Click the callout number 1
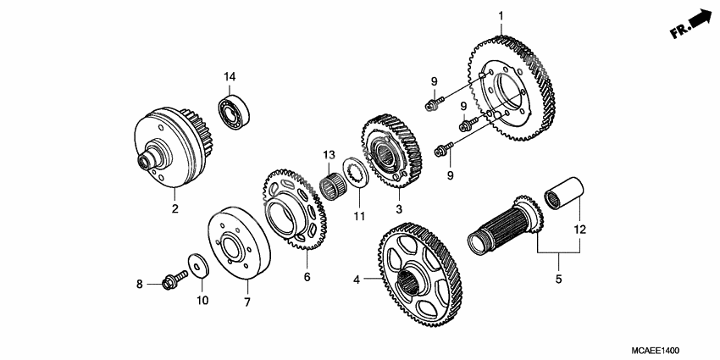pos(501,15)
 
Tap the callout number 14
pos(229,78)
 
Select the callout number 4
pos(357,280)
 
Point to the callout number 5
pos(558,278)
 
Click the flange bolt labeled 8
pos(172,280)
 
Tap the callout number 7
pos(247,302)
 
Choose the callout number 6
pos(307,277)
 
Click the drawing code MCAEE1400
pos(656,350)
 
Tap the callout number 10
pos(202,300)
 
